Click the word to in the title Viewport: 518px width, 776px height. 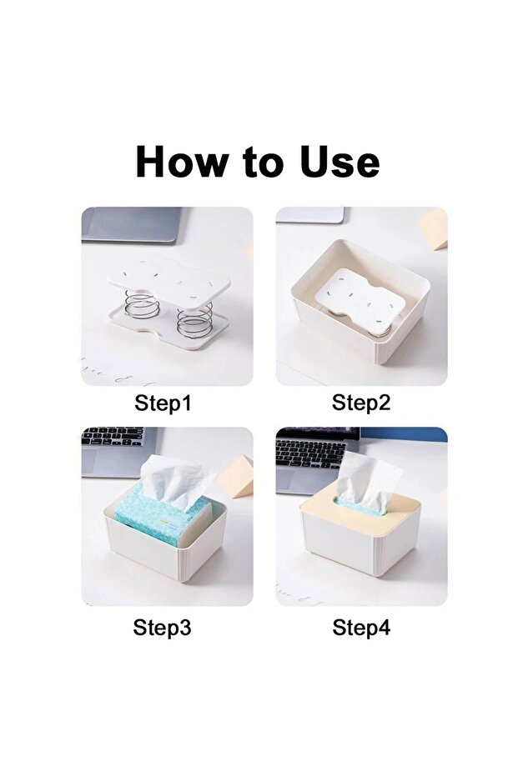pyautogui.click(x=261, y=163)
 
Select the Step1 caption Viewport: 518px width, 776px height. pyautogui.click(x=163, y=404)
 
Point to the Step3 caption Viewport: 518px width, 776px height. pyautogui.click(x=162, y=628)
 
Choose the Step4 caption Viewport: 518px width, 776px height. pyautogui.click(x=361, y=628)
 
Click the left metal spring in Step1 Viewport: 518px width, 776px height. pyautogui.click(x=142, y=304)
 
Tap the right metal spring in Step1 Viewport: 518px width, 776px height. pyautogui.click(x=194, y=319)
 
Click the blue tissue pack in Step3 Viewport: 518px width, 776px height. pyautogui.click(x=158, y=517)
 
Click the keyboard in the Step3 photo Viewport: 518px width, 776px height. pyautogui.click(x=113, y=438)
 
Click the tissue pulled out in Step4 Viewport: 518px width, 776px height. pyautogui.click(x=368, y=479)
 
